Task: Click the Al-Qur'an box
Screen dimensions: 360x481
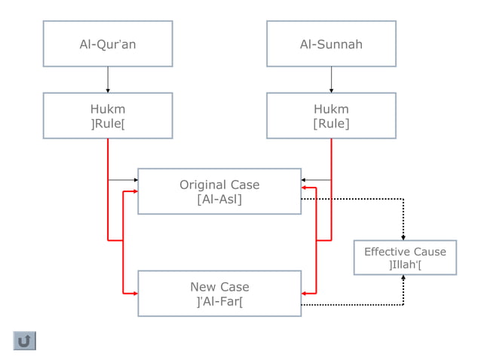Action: [x=108, y=44]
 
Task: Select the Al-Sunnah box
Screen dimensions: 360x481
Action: [x=331, y=44]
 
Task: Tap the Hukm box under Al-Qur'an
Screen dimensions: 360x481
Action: [x=108, y=115]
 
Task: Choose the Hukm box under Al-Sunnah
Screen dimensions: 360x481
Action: [x=331, y=115]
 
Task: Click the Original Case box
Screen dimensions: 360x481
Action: [x=219, y=191]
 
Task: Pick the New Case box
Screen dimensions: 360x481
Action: [x=219, y=294]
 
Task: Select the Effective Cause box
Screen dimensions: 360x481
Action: [x=405, y=258]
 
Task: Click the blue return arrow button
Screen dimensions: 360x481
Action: [x=25, y=340]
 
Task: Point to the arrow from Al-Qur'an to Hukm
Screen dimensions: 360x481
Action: [x=108, y=79]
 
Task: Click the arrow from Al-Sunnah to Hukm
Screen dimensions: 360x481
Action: [x=331, y=79]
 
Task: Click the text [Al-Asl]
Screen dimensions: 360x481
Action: [x=219, y=200]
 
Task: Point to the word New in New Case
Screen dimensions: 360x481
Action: [x=202, y=287]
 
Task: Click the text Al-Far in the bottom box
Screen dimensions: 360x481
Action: [x=219, y=302]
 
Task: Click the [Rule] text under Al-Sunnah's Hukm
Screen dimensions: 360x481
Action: [x=331, y=124]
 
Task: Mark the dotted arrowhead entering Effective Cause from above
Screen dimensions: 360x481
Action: [x=403, y=236]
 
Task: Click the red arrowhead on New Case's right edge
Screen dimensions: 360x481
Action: [x=304, y=293]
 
